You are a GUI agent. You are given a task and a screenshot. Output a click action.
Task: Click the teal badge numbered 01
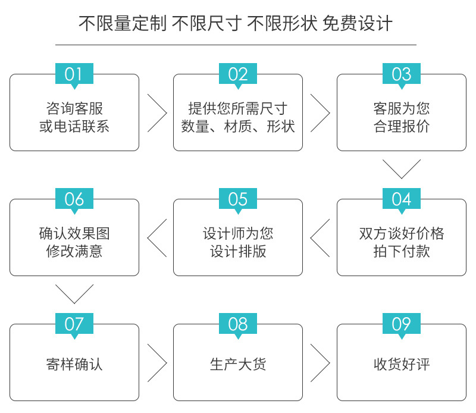point(74,74)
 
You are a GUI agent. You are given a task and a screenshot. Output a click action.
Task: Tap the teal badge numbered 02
point(238,74)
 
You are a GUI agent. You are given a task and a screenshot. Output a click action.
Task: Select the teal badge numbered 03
point(401,74)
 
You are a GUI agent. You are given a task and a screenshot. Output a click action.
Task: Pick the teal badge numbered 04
point(401,199)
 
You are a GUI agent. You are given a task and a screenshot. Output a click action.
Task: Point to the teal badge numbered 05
point(238,199)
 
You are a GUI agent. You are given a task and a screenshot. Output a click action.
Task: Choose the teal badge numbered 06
point(74,199)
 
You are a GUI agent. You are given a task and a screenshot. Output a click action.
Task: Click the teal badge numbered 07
point(74,324)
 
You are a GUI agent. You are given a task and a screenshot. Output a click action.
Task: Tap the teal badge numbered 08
point(238,324)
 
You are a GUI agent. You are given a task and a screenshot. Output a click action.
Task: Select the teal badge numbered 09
point(401,324)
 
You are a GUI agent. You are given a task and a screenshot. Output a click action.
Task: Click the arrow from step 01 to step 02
point(167,113)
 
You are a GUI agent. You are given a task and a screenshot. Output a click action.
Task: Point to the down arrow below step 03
point(402,179)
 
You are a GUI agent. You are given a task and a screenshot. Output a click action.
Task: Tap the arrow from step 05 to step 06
point(148,238)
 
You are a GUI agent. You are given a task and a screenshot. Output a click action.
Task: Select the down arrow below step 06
point(74,303)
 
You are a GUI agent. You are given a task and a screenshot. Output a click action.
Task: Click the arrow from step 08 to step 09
point(330,363)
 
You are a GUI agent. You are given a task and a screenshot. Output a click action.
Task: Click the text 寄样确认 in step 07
point(74,364)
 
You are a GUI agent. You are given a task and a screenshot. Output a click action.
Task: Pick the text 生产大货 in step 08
point(238,364)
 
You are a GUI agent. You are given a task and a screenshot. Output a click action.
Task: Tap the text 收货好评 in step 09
point(402,364)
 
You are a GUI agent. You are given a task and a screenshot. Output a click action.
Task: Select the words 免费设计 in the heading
point(358,23)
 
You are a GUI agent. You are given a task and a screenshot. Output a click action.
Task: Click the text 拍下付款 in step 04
point(402,251)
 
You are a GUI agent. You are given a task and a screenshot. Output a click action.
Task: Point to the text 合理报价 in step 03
point(402,126)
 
